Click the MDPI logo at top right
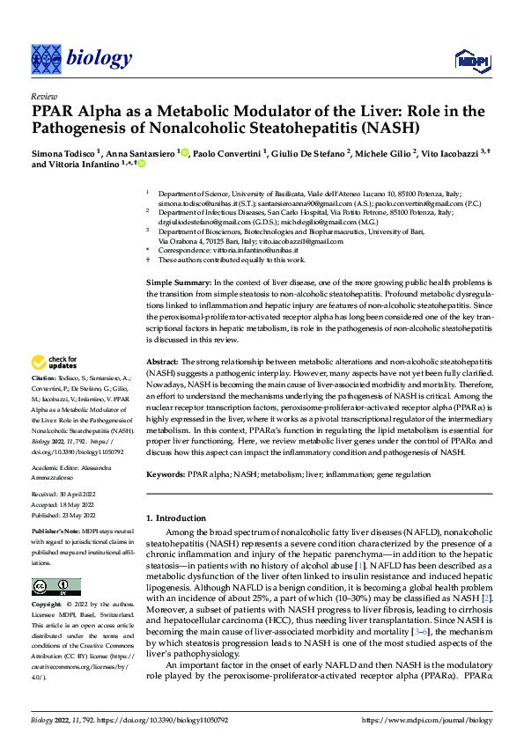[x=469, y=59]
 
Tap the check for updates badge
[x=55, y=362]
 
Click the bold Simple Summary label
[x=177, y=279]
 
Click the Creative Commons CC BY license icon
[x=51, y=587]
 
